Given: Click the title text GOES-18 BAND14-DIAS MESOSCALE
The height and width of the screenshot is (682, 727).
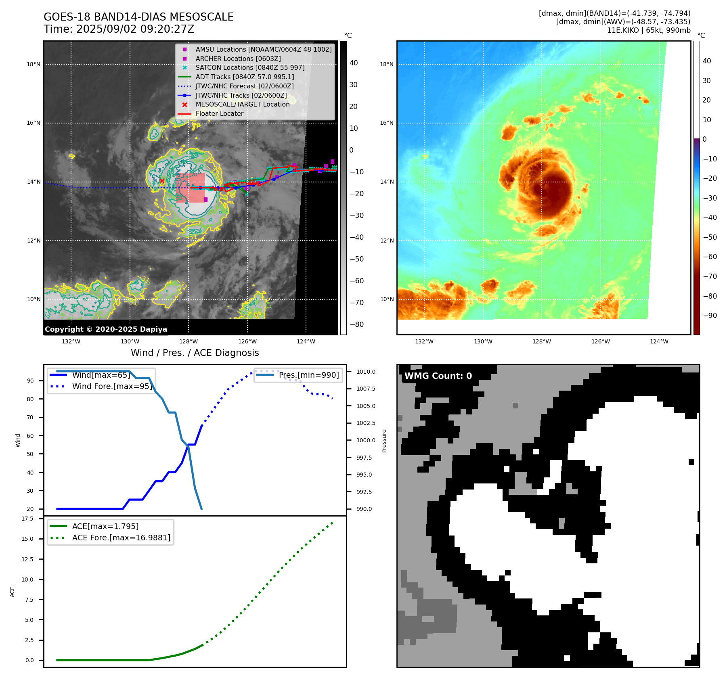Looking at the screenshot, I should pyautogui.click(x=138, y=17).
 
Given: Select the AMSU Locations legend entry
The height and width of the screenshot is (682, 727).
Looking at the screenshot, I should pyautogui.click(x=263, y=49).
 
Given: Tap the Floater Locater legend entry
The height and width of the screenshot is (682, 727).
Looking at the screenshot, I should pyautogui.click(x=219, y=114).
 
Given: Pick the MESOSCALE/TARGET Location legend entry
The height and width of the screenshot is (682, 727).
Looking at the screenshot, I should pyautogui.click(x=242, y=105).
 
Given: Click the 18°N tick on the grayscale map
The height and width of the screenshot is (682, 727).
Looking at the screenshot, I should pyautogui.click(x=34, y=65).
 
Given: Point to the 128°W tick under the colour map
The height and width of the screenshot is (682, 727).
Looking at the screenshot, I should pyautogui.click(x=542, y=342).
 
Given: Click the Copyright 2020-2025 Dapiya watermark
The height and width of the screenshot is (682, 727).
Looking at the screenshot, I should pyautogui.click(x=106, y=329).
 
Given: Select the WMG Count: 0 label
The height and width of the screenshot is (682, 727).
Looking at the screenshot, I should pyautogui.click(x=438, y=376).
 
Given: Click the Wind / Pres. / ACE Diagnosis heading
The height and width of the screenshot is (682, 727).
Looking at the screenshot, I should pyautogui.click(x=195, y=353).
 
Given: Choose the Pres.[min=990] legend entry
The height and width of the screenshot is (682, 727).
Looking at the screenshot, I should pyautogui.click(x=309, y=375).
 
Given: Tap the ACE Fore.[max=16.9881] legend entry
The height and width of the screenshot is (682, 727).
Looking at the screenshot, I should pyautogui.click(x=121, y=538).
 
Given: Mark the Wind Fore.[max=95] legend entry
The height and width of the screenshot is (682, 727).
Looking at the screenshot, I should pyautogui.click(x=112, y=387).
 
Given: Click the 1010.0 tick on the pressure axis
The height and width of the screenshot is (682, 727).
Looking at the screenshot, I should pyautogui.click(x=366, y=372).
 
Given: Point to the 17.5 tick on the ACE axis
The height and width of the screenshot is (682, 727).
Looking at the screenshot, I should pyautogui.click(x=27, y=519).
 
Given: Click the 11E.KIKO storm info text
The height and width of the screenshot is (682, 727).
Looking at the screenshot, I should pyautogui.click(x=648, y=30).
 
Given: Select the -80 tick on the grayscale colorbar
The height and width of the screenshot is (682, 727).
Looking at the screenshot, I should pyautogui.click(x=357, y=324).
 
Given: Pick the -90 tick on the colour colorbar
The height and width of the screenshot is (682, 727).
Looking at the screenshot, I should pyautogui.click(x=710, y=316).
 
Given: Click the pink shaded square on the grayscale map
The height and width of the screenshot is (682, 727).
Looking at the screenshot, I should pyautogui.click(x=191, y=188).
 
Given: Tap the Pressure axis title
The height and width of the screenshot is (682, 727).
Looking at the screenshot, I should pyautogui.click(x=384, y=441).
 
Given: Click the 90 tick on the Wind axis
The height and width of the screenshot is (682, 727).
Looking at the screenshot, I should pyautogui.click(x=30, y=381).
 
